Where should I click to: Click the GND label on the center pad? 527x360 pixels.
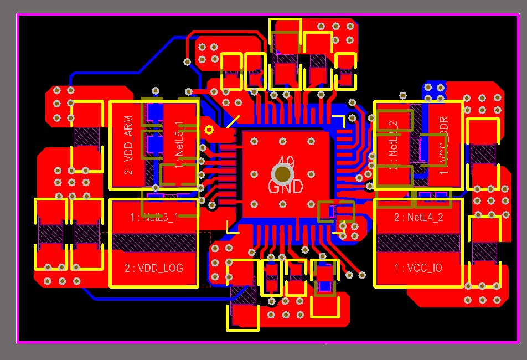tap(285, 187)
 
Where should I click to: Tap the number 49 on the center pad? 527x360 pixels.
tap(286, 162)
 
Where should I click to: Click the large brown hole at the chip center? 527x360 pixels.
tap(283, 173)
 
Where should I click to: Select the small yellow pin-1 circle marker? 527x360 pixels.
tap(209, 130)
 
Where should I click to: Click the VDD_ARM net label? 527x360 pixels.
tap(128, 145)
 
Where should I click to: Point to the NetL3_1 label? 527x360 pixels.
tap(154, 218)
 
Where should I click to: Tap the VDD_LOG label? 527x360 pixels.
tap(154, 268)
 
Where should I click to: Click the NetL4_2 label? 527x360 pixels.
tap(418, 218)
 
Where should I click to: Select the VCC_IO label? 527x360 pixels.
tap(418, 268)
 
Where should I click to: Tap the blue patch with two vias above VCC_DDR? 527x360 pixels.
tap(435, 89)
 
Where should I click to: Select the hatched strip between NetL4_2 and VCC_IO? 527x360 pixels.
tap(418, 243)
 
